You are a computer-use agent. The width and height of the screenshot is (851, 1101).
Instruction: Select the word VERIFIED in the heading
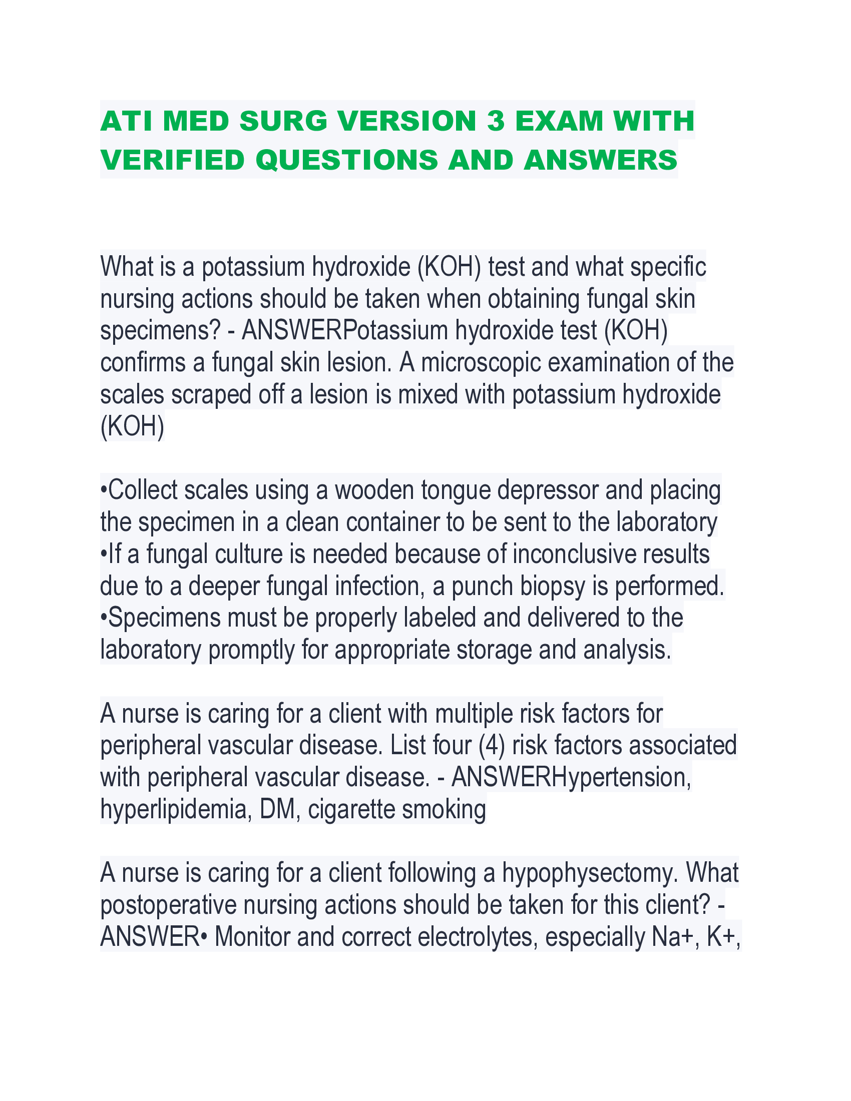(172, 160)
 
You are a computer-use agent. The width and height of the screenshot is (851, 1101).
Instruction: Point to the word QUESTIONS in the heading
(347, 160)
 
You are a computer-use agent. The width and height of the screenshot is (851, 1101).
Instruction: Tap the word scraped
(211, 395)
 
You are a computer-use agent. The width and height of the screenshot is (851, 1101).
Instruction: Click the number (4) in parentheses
(492, 746)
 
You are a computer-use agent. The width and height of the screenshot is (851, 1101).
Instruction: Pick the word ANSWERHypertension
(571, 777)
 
